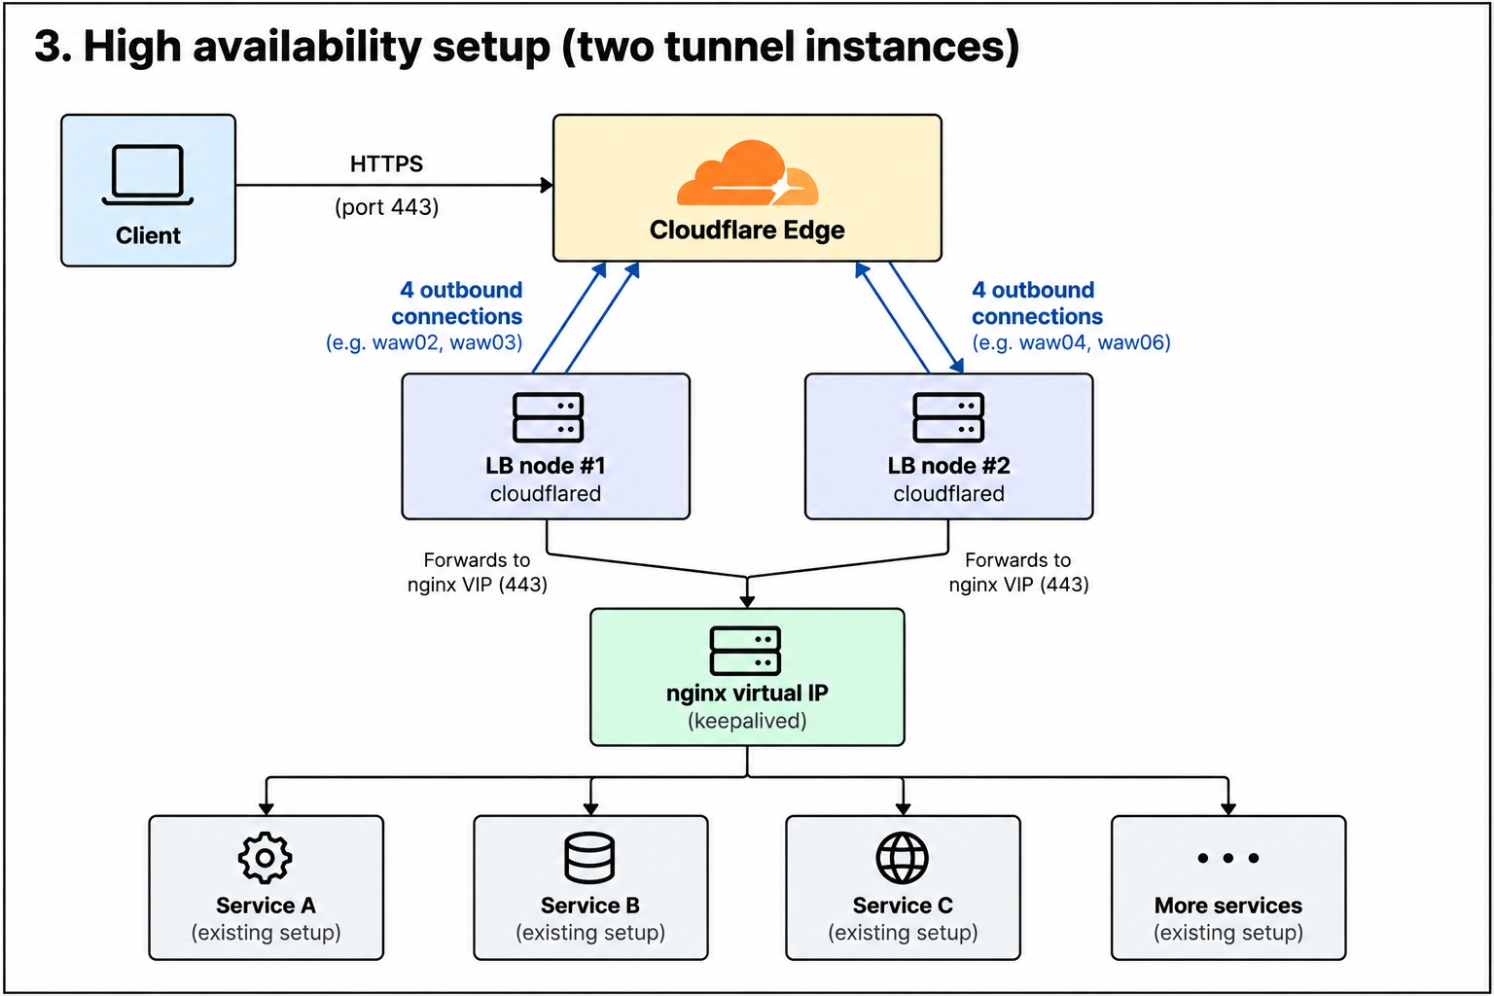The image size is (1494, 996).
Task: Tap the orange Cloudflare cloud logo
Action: click(x=747, y=173)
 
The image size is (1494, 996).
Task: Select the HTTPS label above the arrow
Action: click(x=387, y=163)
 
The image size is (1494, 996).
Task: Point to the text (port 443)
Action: click(x=387, y=207)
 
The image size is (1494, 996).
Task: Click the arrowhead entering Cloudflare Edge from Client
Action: click(x=547, y=185)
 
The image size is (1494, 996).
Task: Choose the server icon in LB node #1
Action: click(x=548, y=417)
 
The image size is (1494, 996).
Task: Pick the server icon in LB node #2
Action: click(x=947, y=417)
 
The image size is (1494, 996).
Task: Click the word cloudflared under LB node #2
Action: click(x=948, y=494)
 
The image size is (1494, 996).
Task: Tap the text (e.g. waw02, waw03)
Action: click(x=424, y=343)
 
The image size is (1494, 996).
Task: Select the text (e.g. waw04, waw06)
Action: click(x=1071, y=343)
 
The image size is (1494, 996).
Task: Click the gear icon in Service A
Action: click(x=265, y=858)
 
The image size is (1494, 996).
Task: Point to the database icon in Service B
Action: click(x=589, y=858)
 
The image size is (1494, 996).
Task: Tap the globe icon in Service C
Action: click(x=903, y=858)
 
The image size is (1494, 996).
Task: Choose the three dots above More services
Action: click(x=1227, y=858)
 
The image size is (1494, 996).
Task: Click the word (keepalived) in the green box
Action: click(x=747, y=721)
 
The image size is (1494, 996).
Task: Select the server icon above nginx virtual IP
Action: click(x=745, y=651)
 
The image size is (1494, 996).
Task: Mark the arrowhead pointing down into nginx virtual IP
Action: click(x=747, y=601)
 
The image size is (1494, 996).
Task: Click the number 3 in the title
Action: click(x=49, y=47)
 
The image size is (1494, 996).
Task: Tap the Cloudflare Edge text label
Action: click(x=747, y=231)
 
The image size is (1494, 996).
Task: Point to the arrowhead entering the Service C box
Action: click(x=903, y=808)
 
